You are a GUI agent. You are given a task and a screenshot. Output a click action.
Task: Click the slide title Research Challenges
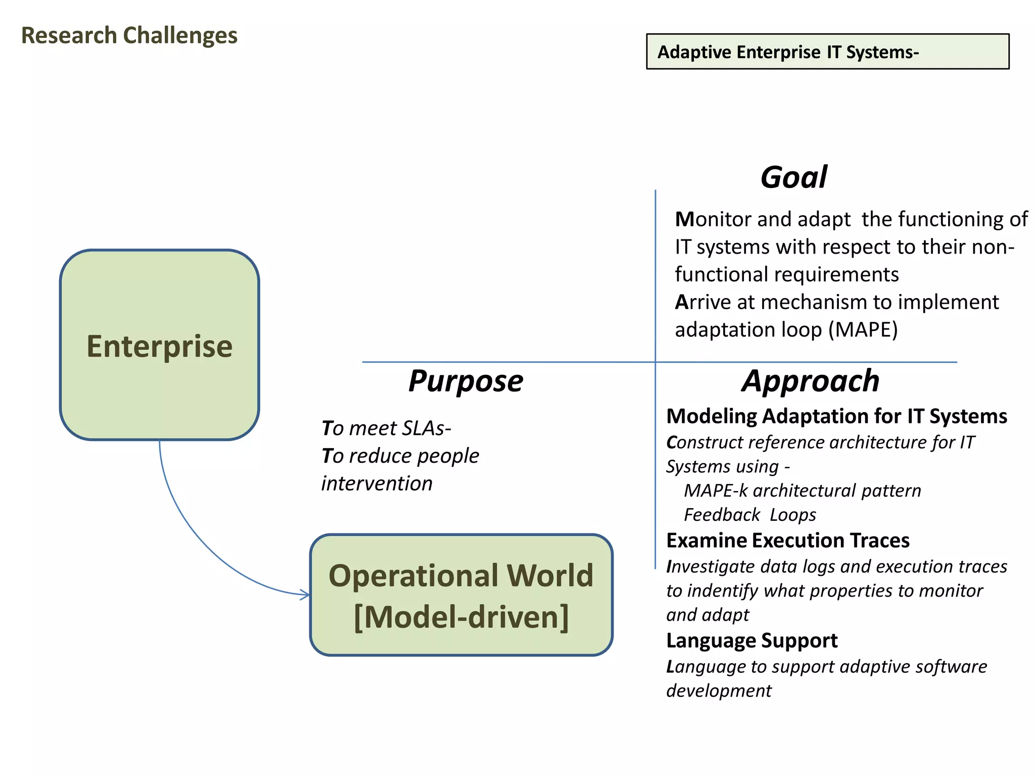(x=129, y=36)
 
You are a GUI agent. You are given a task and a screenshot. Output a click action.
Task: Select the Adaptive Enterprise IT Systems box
(x=827, y=52)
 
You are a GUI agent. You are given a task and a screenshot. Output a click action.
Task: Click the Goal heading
(x=793, y=178)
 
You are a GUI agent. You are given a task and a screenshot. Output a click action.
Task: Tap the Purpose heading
(x=465, y=381)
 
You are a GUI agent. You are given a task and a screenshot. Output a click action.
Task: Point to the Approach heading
(x=810, y=381)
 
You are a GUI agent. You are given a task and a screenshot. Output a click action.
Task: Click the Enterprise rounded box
(x=160, y=345)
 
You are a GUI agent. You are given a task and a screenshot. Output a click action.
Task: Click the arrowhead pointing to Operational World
(x=305, y=595)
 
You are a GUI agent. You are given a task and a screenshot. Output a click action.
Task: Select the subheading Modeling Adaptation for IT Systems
(x=836, y=416)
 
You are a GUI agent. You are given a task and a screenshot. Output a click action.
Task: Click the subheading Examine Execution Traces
(x=787, y=541)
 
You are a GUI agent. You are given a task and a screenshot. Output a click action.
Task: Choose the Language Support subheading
(x=751, y=641)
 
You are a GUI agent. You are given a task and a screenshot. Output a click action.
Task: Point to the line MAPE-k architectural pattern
(x=802, y=491)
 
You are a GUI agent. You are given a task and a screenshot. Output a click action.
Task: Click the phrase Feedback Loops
(x=749, y=515)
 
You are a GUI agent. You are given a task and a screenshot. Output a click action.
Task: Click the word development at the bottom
(x=719, y=691)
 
